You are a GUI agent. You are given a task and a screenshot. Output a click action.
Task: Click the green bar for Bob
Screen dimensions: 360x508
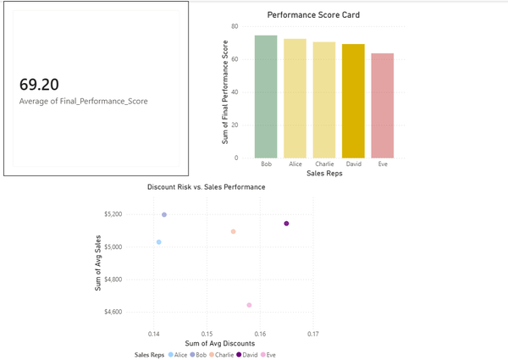[266, 97]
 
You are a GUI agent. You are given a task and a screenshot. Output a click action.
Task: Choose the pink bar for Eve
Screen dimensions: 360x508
[383, 106]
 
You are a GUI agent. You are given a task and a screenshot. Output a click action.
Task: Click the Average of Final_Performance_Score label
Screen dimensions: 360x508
[83, 102]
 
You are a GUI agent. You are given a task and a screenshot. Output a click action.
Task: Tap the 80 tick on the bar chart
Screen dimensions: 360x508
[234, 27]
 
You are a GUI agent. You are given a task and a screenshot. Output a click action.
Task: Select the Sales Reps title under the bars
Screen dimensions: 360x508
[324, 174]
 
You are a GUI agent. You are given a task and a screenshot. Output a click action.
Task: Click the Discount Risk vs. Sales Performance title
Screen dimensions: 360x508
[206, 186]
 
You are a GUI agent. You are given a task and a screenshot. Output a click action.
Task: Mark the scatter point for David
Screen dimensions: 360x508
[286, 224]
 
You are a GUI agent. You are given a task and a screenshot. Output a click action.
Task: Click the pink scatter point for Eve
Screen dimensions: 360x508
[249, 305]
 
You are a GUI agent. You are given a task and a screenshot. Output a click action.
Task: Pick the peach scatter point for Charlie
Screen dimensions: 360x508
[233, 231]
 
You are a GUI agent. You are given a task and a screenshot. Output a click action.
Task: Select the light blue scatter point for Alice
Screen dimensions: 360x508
[158, 242]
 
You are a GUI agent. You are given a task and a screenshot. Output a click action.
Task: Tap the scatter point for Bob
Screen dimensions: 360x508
[164, 214]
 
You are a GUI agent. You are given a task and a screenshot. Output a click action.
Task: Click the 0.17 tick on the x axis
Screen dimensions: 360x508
[313, 333]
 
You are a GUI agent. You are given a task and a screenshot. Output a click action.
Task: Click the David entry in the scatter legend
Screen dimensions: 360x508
[248, 355]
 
